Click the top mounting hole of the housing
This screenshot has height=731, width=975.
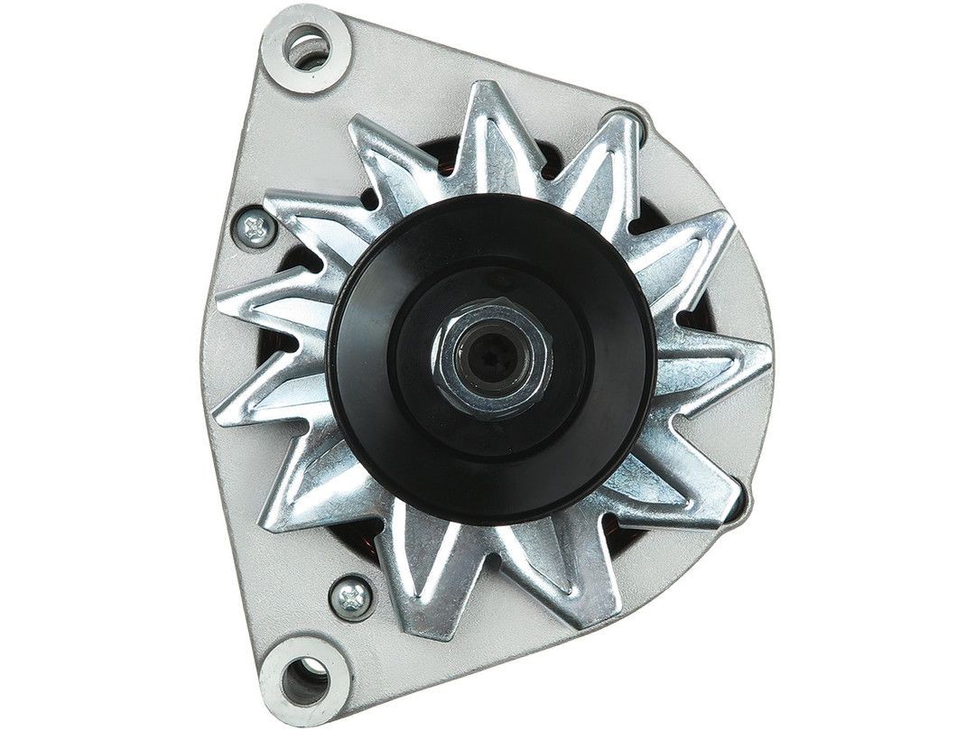pyautogui.click(x=308, y=46)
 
